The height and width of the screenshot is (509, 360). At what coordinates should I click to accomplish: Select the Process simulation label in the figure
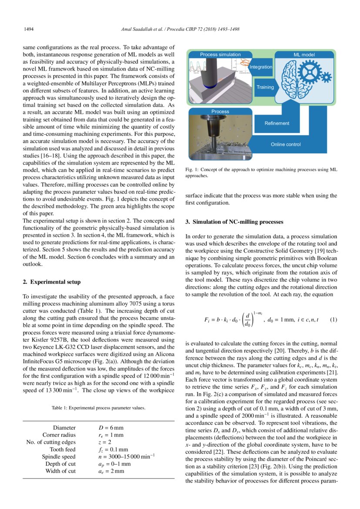click(220, 54)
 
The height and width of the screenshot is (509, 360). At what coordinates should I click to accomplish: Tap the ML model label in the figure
click(305, 55)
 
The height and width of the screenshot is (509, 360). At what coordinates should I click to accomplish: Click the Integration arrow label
click(261, 67)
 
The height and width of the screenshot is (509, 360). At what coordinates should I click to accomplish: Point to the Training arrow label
click(265, 87)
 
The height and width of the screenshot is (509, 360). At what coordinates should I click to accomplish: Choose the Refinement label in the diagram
click(277, 123)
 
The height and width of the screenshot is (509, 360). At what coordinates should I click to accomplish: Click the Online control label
click(286, 144)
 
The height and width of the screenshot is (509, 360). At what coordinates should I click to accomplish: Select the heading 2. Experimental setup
click(51, 282)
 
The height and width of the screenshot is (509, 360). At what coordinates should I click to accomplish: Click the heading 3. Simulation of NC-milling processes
click(234, 222)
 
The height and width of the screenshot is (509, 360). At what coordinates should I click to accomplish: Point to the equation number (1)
click(333, 320)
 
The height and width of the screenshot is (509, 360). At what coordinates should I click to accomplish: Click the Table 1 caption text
click(98, 408)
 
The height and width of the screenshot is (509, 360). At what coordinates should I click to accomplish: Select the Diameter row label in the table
click(64, 428)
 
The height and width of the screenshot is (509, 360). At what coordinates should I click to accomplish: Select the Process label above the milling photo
click(220, 111)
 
